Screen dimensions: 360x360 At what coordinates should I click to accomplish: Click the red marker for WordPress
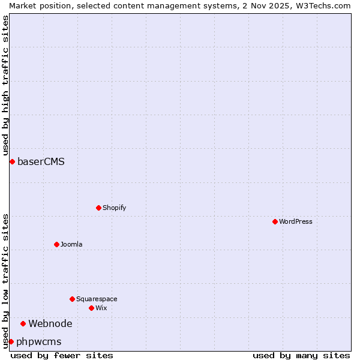(275, 221)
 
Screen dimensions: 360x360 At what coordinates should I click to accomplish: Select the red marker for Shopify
(99, 208)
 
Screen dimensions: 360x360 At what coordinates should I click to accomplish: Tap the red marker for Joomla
(57, 244)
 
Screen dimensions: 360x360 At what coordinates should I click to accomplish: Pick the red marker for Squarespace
(72, 299)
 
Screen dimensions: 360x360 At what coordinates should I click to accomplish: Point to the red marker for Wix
(91, 308)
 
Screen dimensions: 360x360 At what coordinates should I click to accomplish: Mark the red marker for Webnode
(23, 323)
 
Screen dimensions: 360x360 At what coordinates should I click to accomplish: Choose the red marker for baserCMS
(12, 161)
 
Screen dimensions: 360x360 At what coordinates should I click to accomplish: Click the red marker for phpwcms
(11, 341)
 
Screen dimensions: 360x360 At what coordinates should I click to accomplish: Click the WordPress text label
(295, 221)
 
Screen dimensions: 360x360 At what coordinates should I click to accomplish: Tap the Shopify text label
(114, 208)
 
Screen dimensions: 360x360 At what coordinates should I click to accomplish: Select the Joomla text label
(71, 244)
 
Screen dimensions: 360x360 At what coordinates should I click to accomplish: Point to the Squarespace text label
(97, 299)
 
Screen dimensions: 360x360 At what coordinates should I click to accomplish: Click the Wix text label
(101, 308)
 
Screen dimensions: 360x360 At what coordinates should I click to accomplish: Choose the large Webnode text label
(50, 323)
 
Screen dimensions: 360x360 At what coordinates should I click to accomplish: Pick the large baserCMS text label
(41, 161)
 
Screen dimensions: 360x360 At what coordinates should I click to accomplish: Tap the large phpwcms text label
(39, 341)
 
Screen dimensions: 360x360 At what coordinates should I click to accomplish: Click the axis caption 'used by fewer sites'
(62, 355)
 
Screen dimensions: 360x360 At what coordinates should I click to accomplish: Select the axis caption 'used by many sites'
(301, 355)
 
